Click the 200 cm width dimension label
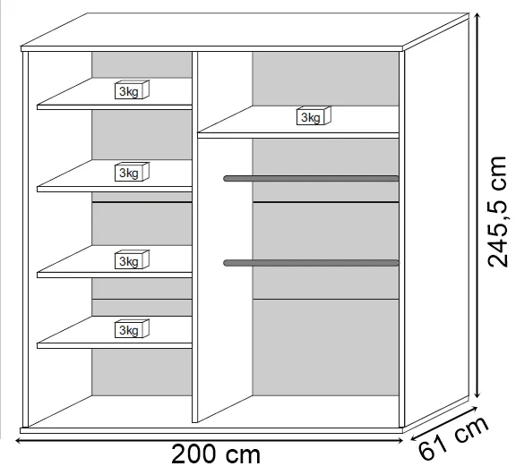216,453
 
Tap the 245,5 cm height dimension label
497,212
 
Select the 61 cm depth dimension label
454,437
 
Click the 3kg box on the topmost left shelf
132,89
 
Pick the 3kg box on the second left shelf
132,172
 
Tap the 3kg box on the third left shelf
132,259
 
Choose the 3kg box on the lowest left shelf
132,328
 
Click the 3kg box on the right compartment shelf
314,115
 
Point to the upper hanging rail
311,179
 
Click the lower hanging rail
311,263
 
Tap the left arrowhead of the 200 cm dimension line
19,440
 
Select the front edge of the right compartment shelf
298,135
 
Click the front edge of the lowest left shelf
114,345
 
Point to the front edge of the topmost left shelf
114,107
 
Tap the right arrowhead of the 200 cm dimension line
400,440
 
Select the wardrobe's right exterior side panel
436,223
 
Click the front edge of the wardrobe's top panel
212,48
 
